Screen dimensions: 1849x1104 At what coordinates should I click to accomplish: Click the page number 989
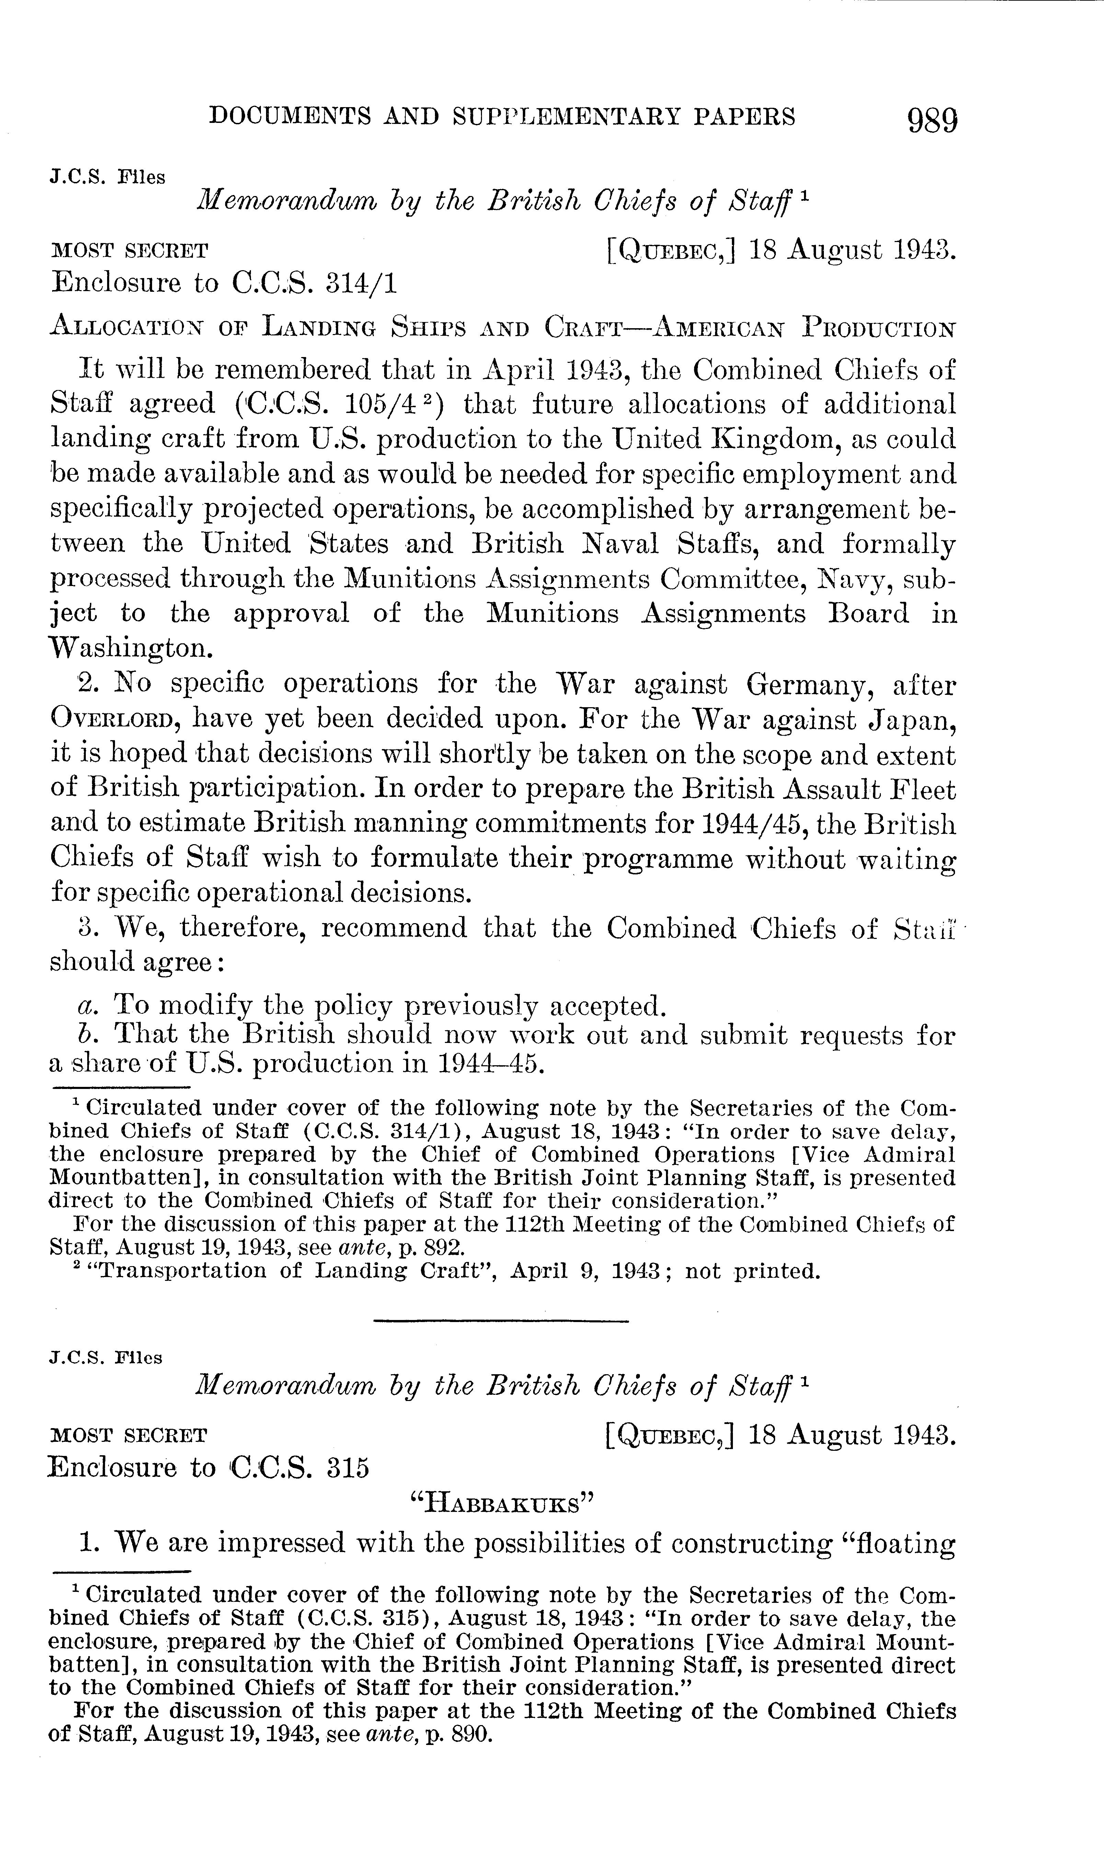[932, 119]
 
